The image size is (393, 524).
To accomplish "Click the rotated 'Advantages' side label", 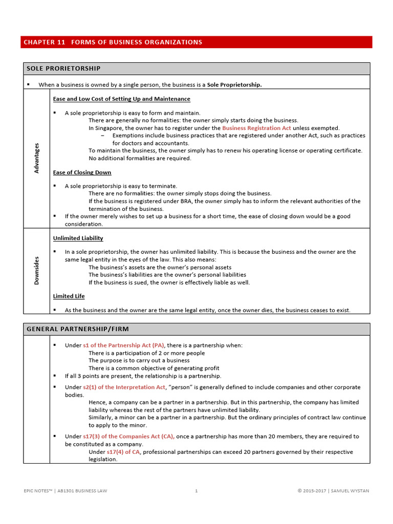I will pyautogui.click(x=37, y=158).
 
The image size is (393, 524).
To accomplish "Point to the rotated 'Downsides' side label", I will pyautogui.click(x=37, y=270).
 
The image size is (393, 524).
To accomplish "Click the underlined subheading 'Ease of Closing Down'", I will pyautogui.click(x=82, y=172).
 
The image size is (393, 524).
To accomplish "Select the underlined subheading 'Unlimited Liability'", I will pyautogui.click(x=78, y=238).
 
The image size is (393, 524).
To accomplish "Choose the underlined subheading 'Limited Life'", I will pyautogui.click(x=69, y=296).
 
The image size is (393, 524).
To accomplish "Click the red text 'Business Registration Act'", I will pyautogui.click(x=256, y=128).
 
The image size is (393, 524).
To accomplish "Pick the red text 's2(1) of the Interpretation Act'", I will pyautogui.click(x=124, y=387).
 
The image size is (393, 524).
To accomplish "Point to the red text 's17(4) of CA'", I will pyautogui.click(x=123, y=452).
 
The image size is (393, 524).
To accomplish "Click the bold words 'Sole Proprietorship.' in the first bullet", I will pyautogui.click(x=234, y=84).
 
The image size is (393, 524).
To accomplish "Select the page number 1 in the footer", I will pyautogui.click(x=196, y=491).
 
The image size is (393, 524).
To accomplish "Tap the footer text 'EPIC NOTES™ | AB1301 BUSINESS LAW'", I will pyautogui.click(x=65, y=491).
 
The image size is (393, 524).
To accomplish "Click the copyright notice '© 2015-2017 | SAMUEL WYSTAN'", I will pyautogui.click(x=333, y=491).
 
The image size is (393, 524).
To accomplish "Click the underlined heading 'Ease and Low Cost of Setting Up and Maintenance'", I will pyautogui.click(x=121, y=99).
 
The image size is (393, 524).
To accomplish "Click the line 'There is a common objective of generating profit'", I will pyautogui.click(x=154, y=368).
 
